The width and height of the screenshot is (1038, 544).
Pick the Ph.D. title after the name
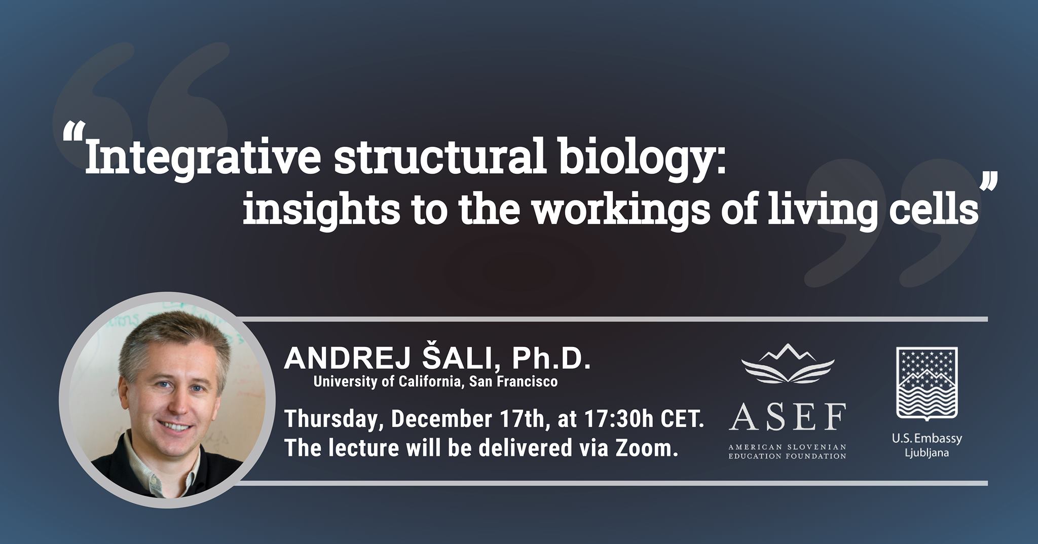coord(551,359)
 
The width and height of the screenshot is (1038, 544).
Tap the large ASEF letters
coord(788,416)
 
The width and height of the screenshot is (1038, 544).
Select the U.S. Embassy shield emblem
coord(927,383)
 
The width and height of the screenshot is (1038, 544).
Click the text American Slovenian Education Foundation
coord(788,451)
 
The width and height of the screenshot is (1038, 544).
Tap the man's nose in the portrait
coord(175,405)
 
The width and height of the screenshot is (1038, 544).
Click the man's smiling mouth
coord(176,426)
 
